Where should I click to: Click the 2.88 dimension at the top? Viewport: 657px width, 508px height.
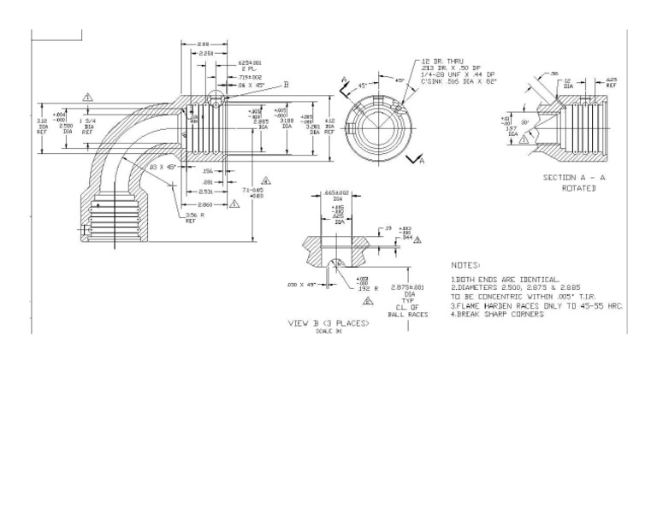point(204,44)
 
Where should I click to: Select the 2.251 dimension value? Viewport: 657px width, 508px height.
point(206,53)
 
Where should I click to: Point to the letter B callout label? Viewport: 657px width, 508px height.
point(286,85)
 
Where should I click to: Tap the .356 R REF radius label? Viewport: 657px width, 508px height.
point(194,217)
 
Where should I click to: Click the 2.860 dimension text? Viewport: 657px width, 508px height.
point(206,205)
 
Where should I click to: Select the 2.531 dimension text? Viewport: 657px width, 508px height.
point(206,192)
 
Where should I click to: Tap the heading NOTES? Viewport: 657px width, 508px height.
point(465,266)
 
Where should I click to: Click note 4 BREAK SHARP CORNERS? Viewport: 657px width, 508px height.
point(497,314)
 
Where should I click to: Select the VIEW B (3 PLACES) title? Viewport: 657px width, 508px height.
point(328,323)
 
